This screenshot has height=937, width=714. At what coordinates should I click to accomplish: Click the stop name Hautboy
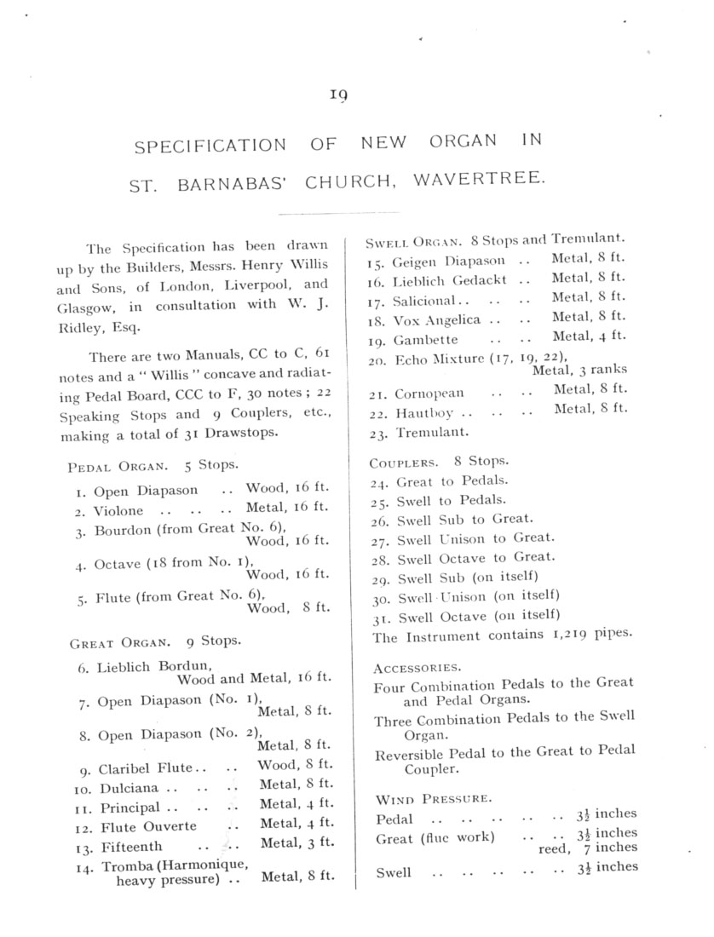pyautogui.click(x=423, y=414)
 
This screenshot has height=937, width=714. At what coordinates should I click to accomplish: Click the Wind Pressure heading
pyautogui.click(x=433, y=799)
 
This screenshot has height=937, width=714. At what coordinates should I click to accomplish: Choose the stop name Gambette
pyautogui.click(x=425, y=340)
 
